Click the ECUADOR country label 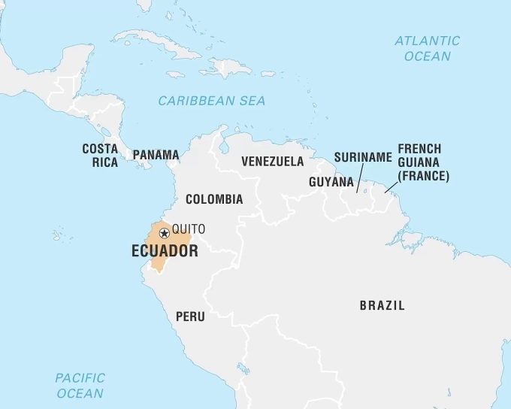165,251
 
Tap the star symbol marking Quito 164,233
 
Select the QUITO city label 188,229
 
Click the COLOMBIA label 214,199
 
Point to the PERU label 190,317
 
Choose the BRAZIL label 382,305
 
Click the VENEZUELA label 272,161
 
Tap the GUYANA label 331,182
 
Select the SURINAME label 363,157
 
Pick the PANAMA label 156,155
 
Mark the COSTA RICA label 100,155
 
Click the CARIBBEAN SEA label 211,101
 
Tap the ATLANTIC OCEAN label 427,48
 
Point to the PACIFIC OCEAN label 80,385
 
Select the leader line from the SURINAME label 359,177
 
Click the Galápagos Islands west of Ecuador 57,235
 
